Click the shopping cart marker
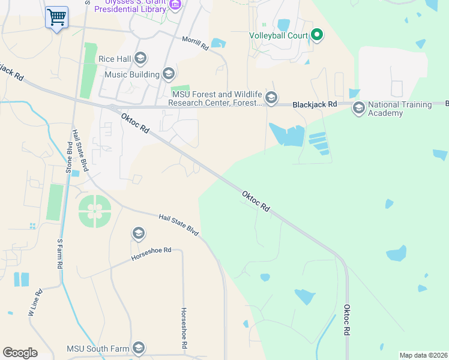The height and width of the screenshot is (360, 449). (x=56, y=17)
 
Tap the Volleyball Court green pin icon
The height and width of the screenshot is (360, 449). (x=317, y=35)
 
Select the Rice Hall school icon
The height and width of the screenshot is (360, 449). (x=140, y=58)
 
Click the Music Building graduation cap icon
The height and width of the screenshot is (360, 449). (x=169, y=74)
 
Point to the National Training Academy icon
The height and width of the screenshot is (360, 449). (x=358, y=109)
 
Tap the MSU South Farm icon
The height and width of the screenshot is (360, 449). (x=139, y=349)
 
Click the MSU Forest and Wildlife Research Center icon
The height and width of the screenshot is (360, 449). (x=271, y=98)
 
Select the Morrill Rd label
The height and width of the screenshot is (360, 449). (x=196, y=43)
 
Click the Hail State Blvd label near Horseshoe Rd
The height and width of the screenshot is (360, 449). (x=178, y=224)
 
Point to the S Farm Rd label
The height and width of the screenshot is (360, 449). (x=59, y=254)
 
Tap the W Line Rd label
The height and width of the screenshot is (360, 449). (x=35, y=303)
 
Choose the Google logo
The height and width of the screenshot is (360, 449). (x=20, y=353)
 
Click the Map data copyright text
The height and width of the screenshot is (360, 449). (x=424, y=355)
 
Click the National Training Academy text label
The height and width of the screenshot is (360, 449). (x=400, y=109)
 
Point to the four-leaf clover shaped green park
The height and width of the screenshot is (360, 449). (x=94, y=211)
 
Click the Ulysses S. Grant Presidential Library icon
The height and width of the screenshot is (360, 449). (x=175, y=5)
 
